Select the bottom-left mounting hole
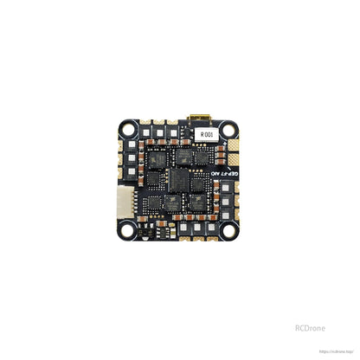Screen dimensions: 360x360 point(129,232)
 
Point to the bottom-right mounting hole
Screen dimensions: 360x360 point(231,232)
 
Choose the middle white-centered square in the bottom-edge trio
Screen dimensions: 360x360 point(196,227)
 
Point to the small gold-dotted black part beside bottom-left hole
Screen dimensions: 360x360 point(145,234)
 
